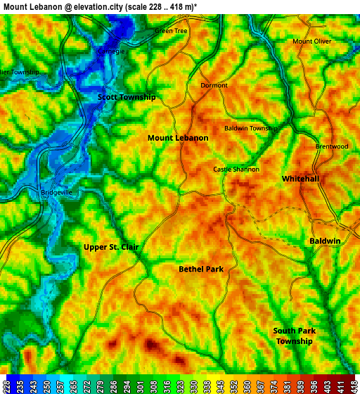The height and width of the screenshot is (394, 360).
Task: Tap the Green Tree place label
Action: [171, 31]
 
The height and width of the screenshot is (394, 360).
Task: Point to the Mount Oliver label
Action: [311, 42]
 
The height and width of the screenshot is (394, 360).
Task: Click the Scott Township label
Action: [127, 97]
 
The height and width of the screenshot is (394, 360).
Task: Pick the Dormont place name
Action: [214, 85]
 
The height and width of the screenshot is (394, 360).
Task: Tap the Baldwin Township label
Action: [251, 129]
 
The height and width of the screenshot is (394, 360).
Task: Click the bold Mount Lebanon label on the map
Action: [178, 138]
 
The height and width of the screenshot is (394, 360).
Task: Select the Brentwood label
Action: [332, 146]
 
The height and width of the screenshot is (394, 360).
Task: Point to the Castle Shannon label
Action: [236, 170]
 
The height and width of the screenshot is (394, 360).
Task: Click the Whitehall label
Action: [300, 179]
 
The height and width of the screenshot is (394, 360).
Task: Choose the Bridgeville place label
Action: [57, 192]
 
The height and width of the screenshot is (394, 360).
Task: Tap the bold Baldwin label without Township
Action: [325, 241]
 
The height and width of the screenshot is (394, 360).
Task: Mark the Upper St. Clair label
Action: [111, 247]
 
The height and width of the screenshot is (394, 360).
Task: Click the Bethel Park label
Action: [201, 269]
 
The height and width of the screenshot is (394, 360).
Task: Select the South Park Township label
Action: [295, 336]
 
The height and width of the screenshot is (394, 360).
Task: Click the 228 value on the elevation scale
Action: [6, 386]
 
